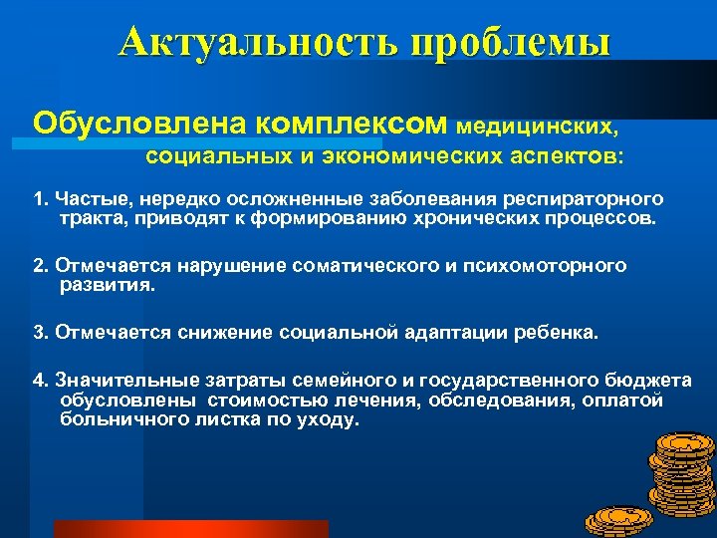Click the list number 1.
pos(40,199)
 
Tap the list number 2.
pos(41,266)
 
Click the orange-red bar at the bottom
pos(190,529)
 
